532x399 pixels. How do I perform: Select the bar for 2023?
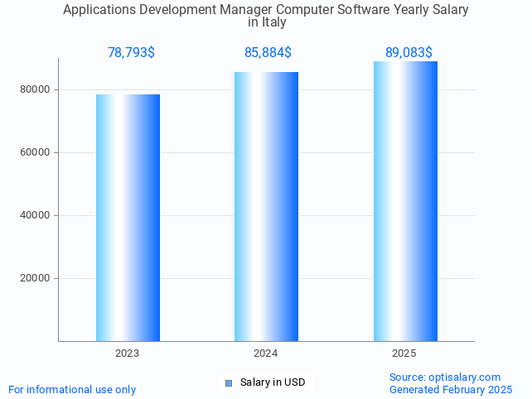tap(128, 217)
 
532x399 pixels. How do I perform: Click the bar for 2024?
tap(266, 206)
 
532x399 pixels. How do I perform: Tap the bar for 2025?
tap(405, 201)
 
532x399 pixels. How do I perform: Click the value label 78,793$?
tap(131, 53)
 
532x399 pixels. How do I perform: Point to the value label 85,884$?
tap(268, 53)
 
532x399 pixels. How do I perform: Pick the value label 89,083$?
tap(409, 53)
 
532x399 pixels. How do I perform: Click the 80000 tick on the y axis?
tap(36, 89)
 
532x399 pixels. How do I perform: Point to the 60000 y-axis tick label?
tap(36, 152)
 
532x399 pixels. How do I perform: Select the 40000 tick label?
tap(36, 215)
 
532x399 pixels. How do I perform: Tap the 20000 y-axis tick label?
tap(36, 278)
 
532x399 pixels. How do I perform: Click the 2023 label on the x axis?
tap(127, 353)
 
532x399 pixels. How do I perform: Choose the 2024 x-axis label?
tap(265, 353)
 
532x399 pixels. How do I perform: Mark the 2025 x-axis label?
tap(404, 353)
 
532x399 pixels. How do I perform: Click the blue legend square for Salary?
tap(229, 382)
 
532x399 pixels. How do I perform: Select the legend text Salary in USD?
tap(273, 382)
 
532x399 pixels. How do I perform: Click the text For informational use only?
tap(72, 389)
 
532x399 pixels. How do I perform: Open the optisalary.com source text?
tap(445, 377)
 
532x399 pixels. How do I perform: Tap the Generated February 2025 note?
tap(451, 389)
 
